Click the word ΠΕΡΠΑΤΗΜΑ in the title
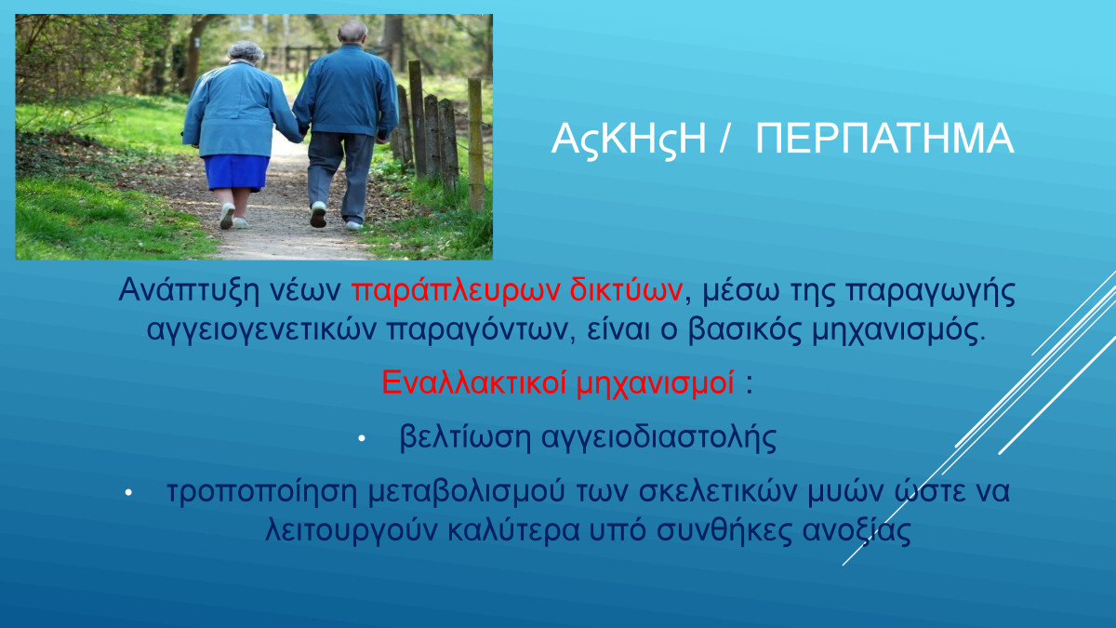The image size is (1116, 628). [x=884, y=138]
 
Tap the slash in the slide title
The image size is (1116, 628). [x=724, y=138]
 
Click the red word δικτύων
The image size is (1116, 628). [x=626, y=289]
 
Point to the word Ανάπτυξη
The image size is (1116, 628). [x=189, y=290]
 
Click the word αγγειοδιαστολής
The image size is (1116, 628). [x=659, y=437]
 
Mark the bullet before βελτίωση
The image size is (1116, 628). [x=362, y=438]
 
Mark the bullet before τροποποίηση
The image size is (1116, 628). [x=128, y=492]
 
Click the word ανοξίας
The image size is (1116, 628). [x=857, y=531]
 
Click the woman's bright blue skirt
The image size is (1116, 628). [x=236, y=172]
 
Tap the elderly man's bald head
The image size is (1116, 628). [x=352, y=32]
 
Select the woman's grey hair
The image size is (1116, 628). [x=246, y=51]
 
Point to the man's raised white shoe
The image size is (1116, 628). [x=318, y=214]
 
